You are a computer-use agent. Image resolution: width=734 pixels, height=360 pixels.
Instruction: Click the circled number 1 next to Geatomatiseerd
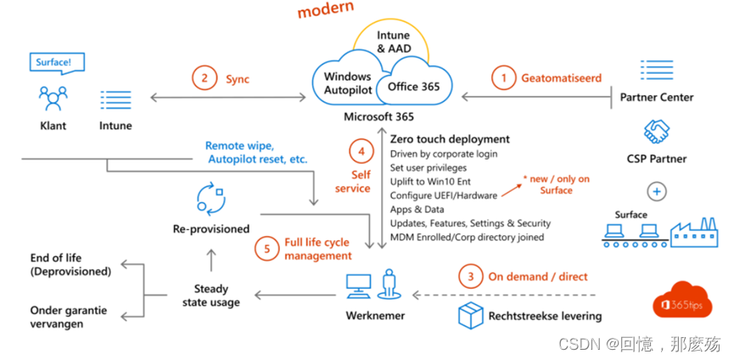click(x=504, y=77)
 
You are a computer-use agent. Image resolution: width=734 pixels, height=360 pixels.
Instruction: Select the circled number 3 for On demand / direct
click(x=468, y=277)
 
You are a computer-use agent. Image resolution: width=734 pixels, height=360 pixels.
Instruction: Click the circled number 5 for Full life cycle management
click(x=267, y=249)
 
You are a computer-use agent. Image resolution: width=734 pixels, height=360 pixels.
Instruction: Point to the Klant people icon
click(x=53, y=99)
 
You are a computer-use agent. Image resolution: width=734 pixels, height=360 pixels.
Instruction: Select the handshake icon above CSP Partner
click(x=657, y=131)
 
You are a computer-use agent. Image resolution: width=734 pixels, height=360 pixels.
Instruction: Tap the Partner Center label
click(x=656, y=97)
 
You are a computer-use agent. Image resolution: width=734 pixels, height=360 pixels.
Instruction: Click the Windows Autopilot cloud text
click(x=348, y=82)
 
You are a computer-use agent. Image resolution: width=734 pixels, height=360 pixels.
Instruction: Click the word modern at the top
click(x=326, y=12)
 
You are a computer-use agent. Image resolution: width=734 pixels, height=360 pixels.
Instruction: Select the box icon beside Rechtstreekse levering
click(x=470, y=315)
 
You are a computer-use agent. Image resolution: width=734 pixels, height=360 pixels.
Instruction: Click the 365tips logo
click(x=685, y=303)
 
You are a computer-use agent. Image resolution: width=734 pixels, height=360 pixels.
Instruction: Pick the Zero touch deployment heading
click(x=450, y=138)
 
